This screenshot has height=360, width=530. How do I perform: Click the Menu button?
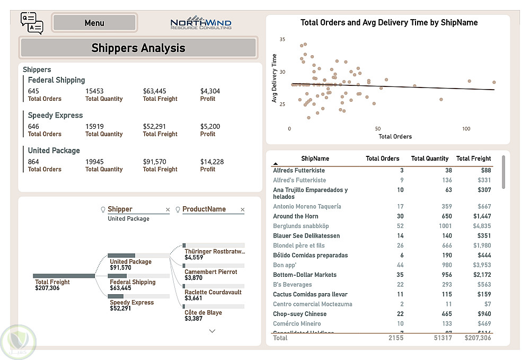[94, 23]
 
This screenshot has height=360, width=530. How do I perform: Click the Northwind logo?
[201, 23]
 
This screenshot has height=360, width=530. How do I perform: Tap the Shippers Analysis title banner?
[138, 48]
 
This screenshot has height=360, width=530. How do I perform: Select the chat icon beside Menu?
[31, 23]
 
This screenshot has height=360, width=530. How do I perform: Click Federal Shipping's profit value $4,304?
[210, 91]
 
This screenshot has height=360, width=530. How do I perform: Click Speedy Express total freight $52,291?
[154, 127]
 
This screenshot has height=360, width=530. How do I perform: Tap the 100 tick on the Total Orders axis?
[466, 129]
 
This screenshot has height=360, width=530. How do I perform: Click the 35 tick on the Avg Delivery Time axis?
[282, 40]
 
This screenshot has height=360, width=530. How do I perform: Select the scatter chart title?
[389, 23]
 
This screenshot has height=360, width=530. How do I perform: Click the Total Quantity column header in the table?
[429, 159]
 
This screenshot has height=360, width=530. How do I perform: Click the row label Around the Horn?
[296, 216]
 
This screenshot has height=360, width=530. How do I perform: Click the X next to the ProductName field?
[243, 210]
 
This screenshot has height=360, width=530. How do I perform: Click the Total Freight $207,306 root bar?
[64, 276]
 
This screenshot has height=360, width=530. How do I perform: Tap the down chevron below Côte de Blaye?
[213, 331]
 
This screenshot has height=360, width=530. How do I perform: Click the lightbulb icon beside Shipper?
[103, 209]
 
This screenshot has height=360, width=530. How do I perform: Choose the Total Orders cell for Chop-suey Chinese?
[400, 314]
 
